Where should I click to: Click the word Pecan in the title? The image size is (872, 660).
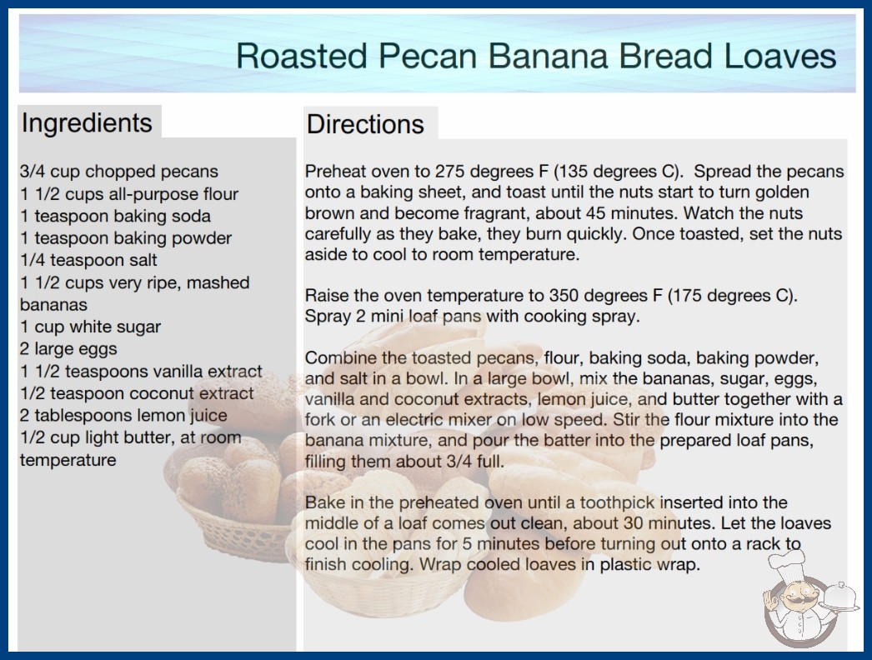tap(427, 56)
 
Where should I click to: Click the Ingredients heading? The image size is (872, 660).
tap(87, 123)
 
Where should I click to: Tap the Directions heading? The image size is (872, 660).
tap(365, 124)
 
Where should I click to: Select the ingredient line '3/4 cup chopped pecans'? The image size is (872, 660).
tap(119, 172)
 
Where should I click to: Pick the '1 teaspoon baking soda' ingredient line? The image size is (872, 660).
tap(116, 216)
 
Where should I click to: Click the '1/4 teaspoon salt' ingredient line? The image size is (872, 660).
tap(88, 260)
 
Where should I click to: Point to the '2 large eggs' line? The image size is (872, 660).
tap(68, 349)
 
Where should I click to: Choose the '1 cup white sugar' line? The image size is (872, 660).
tap(90, 327)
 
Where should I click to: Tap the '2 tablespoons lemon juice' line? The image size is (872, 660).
tap(123, 415)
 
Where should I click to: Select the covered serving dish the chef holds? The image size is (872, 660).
tap(839, 597)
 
